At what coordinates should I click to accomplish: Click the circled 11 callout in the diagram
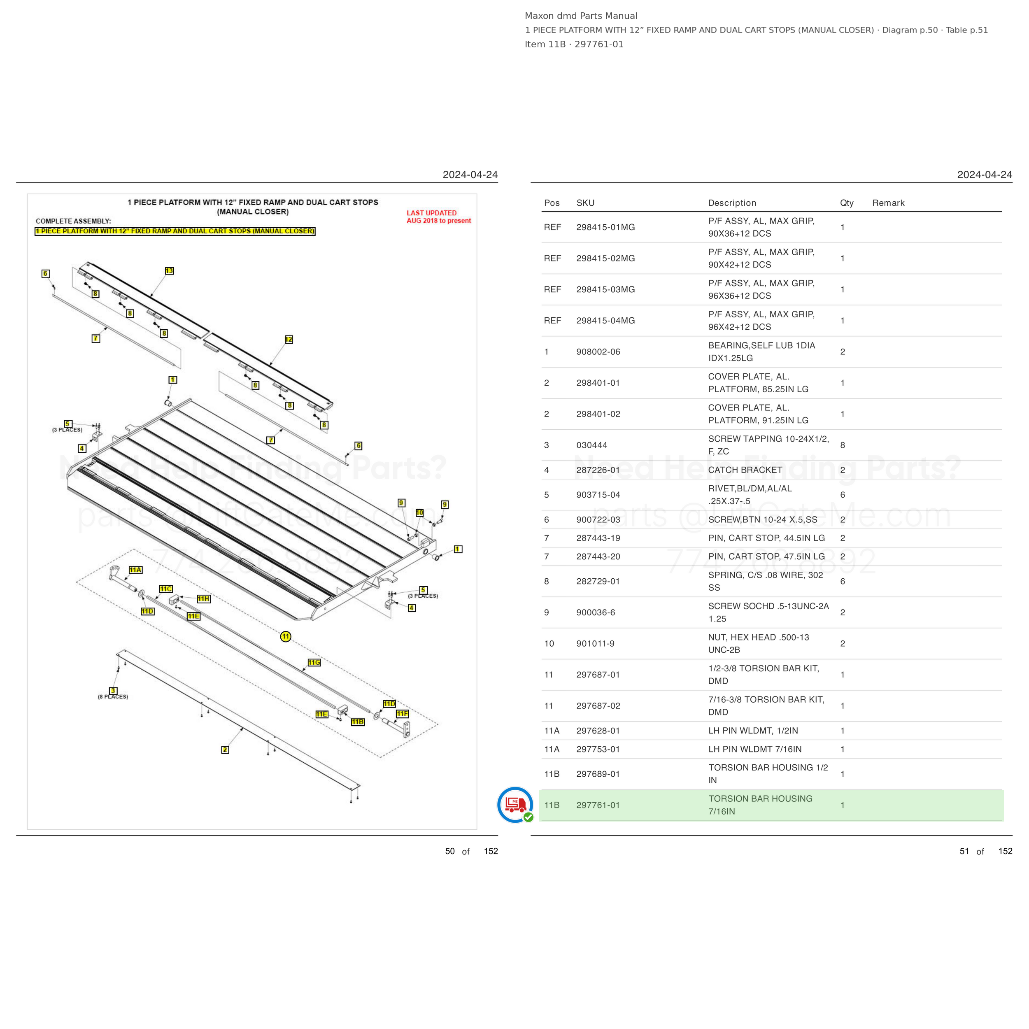[286, 636]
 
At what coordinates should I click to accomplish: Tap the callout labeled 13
[169, 270]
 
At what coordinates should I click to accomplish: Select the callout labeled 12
[289, 339]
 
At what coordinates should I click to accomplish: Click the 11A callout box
[136, 570]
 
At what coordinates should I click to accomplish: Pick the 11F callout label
[402, 714]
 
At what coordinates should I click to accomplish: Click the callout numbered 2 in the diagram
[225, 750]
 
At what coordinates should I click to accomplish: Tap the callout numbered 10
[420, 512]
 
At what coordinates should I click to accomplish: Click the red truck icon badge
[515, 804]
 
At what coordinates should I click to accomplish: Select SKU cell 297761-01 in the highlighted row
[598, 805]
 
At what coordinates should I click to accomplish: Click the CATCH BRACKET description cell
[745, 470]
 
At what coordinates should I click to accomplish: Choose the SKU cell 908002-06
[598, 352]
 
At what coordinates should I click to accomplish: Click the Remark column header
[888, 203]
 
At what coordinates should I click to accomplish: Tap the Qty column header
[847, 203]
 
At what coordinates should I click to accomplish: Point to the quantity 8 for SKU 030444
[843, 445]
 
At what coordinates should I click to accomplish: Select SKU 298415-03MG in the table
[605, 289]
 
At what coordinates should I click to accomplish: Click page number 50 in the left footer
[450, 851]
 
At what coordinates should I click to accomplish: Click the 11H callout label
[203, 598]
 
